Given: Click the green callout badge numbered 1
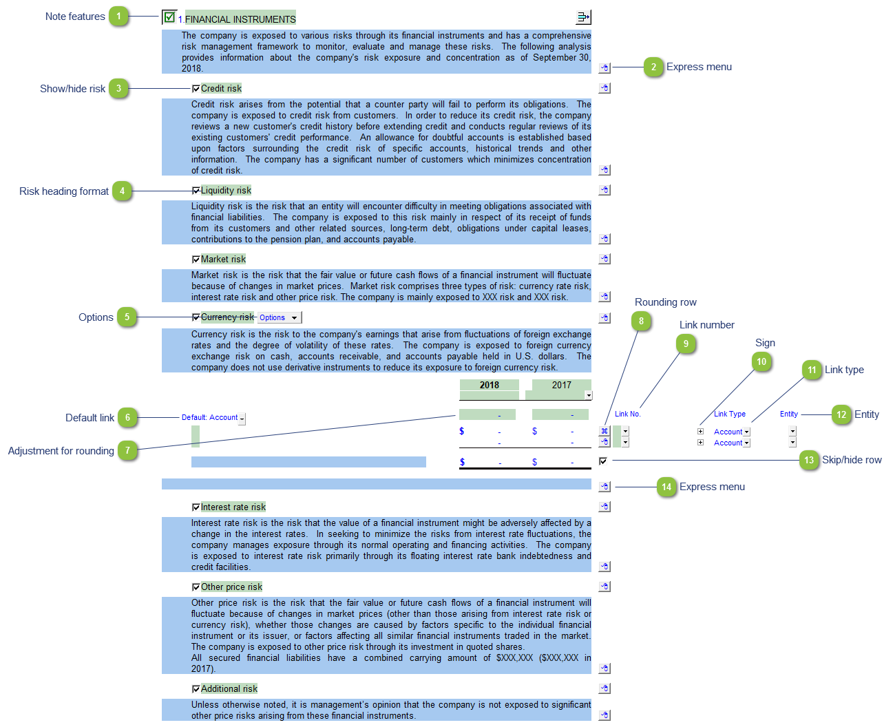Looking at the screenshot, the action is pyautogui.click(x=118, y=17).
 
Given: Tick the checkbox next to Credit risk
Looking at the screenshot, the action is pyautogui.click(x=196, y=88).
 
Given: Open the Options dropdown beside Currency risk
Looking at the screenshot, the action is pyautogui.click(x=279, y=317).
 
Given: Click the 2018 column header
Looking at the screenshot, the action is pyautogui.click(x=489, y=385).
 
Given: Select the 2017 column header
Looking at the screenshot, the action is pyautogui.click(x=561, y=385).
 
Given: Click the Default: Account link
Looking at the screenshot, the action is pyautogui.click(x=209, y=417).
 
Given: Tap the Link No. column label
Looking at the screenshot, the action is pyautogui.click(x=627, y=414).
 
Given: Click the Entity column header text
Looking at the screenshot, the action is pyautogui.click(x=788, y=414).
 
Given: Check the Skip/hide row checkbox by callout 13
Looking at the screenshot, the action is pyautogui.click(x=602, y=461).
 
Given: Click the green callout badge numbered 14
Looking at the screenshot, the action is pyautogui.click(x=666, y=487).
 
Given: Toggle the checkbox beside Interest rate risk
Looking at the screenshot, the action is pyautogui.click(x=196, y=507).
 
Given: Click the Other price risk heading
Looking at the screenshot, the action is pyautogui.click(x=231, y=587).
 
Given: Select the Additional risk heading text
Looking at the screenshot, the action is pyautogui.click(x=229, y=688).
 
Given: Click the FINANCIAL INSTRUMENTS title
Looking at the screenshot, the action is pyautogui.click(x=240, y=19).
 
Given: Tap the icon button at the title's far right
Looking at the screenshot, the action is pyautogui.click(x=583, y=17).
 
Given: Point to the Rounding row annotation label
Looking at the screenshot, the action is pyautogui.click(x=665, y=302).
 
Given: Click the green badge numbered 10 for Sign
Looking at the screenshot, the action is pyautogui.click(x=761, y=361).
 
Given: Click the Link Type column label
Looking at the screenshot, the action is pyautogui.click(x=729, y=414).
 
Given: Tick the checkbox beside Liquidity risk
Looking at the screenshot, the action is pyautogui.click(x=196, y=190).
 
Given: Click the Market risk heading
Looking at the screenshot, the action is pyautogui.click(x=223, y=259).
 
